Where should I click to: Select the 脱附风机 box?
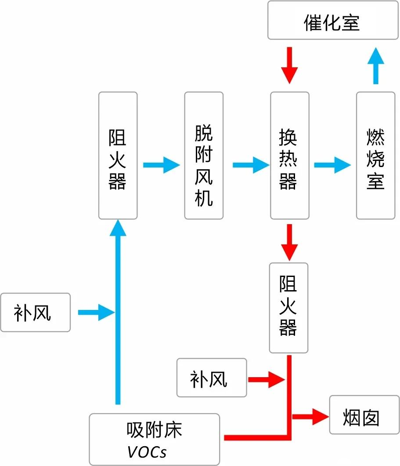coord(204,156)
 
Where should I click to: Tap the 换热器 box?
coord(289,156)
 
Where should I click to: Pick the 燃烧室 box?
coord(375,156)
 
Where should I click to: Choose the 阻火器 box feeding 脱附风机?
coord(118,156)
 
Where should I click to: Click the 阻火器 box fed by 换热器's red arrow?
coord(288,308)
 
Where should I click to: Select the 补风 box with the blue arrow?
coord(35,312)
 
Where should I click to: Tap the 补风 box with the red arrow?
coord(212,377)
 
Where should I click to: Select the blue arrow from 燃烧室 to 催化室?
coord(375,66)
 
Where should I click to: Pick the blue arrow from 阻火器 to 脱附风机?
coord(161,165)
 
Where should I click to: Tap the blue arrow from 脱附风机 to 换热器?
coord(250,165)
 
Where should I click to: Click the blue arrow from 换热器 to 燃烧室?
coord(332,165)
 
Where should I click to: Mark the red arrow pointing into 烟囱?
coord(311,415)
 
